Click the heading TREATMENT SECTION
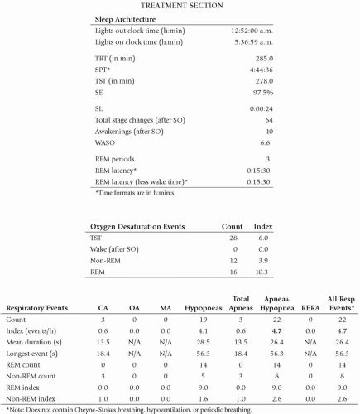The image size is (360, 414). click(x=180, y=6)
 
